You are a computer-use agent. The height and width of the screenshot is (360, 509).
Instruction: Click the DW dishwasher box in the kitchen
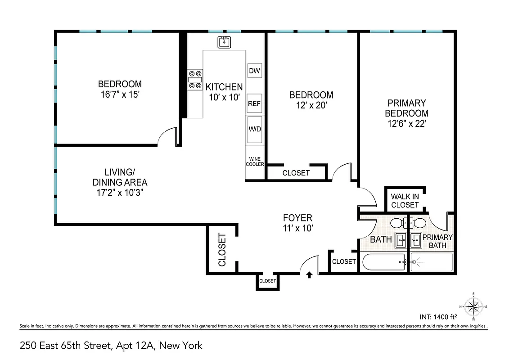pyautogui.click(x=255, y=71)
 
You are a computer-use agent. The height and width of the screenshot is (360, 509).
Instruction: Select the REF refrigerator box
pyautogui.click(x=255, y=103)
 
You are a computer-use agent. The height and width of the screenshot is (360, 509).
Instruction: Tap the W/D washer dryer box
pyautogui.click(x=255, y=130)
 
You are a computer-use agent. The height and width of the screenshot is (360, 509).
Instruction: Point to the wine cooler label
pyautogui.click(x=255, y=162)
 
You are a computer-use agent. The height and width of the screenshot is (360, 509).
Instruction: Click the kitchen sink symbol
pyautogui.click(x=224, y=43)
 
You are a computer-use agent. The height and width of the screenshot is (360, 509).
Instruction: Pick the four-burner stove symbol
pyautogui.click(x=195, y=80)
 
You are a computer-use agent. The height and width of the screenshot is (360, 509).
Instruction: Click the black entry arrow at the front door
pyautogui.click(x=309, y=275)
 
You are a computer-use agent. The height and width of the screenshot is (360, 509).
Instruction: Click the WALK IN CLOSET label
pyautogui.click(x=405, y=201)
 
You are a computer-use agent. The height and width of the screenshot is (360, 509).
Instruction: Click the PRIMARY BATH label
pyautogui.click(x=437, y=241)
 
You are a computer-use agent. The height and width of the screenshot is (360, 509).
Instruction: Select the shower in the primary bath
pyautogui.click(x=431, y=262)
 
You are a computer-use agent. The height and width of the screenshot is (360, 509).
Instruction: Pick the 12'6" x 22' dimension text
pyautogui.click(x=406, y=124)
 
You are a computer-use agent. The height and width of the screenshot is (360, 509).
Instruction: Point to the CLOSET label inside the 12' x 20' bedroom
pyautogui.click(x=296, y=173)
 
